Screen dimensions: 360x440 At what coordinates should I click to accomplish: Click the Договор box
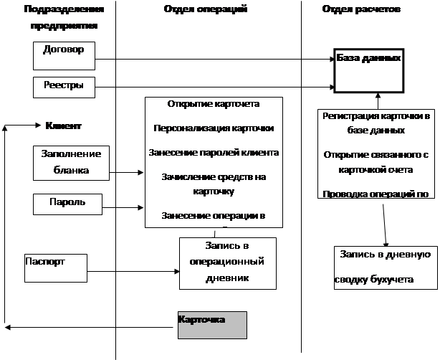(x=63, y=51)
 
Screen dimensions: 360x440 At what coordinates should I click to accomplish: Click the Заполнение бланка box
(x=70, y=162)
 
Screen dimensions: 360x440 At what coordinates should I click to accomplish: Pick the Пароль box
(x=68, y=204)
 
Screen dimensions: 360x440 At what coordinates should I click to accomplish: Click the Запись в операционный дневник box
(x=228, y=263)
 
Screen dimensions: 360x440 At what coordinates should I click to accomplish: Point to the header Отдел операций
(x=204, y=10)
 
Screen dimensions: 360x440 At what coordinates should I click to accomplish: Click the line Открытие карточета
(x=213, y=104)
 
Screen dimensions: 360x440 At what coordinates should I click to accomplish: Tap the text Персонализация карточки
(x=213, y=128)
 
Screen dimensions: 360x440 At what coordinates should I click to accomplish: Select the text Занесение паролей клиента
(x=213, y=152)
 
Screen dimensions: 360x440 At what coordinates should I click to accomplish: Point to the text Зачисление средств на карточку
(x=213, y=184)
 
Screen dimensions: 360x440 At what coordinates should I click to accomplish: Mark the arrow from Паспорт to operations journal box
(x=133, y=271)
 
